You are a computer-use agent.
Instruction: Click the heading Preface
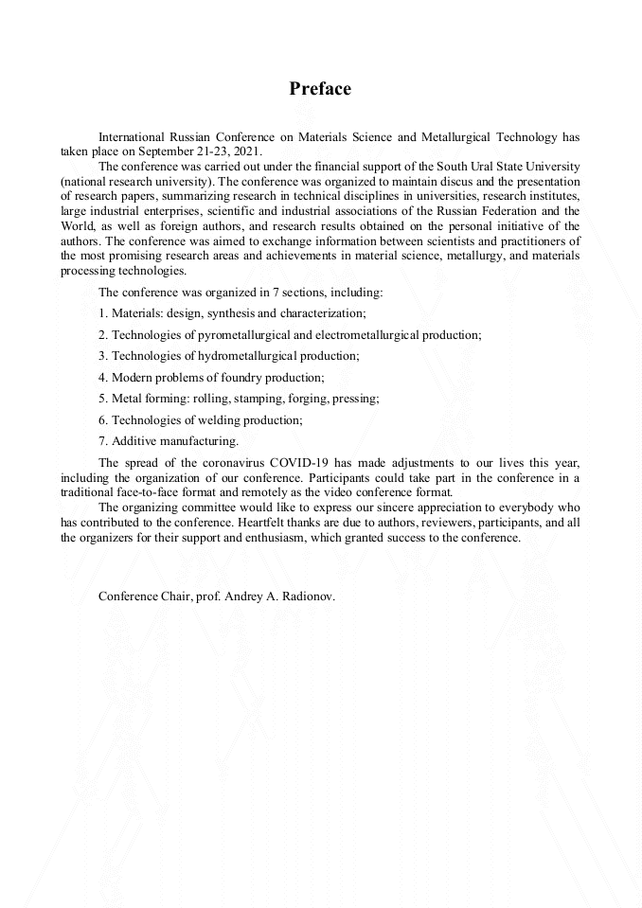[320, 89]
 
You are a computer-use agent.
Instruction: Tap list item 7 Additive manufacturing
[169, 441]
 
